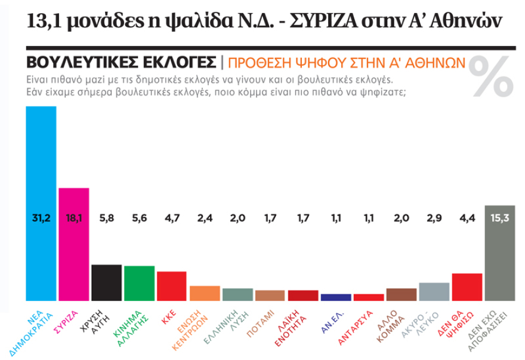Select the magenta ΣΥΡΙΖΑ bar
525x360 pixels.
click(x=74, y=257)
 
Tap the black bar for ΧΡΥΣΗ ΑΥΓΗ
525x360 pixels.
click(x=107, y=282)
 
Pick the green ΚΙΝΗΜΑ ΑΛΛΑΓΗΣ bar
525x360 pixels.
click(x=140, y=283)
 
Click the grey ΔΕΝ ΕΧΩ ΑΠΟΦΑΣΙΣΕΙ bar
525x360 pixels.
click(x=500, y=263)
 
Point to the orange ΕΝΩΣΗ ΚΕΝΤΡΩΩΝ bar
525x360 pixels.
click(x=205, y=293)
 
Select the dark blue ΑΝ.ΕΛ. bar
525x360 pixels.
click(x=336, y=297)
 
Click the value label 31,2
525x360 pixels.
click(x=41, y=219)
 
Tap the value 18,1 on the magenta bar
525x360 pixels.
click(x=74, y=219)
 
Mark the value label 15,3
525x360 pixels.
click(x=500, y=219)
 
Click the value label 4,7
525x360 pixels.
click(x=172, y=219)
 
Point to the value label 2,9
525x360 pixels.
click(x=434, y=219)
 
